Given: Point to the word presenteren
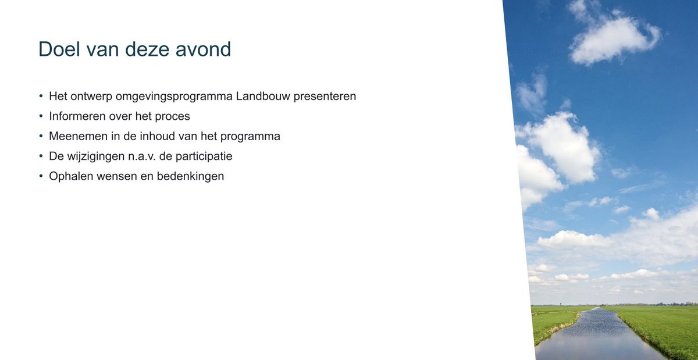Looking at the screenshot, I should [325, 96].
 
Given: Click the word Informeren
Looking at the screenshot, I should [77, 116].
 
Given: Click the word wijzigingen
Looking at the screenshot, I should [94, 156].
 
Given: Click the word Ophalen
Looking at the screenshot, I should [68, 176].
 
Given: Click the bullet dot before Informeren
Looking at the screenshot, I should [41, 116].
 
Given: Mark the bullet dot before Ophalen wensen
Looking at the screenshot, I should [41, 176].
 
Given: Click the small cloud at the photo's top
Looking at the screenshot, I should [614, 38].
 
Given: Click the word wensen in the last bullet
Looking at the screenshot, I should [115, 176].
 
